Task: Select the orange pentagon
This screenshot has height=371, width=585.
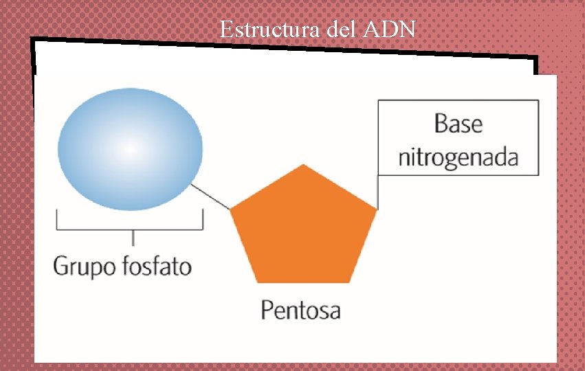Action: [x=303, y=230]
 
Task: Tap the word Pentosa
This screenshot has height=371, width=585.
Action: [x=300, y=310]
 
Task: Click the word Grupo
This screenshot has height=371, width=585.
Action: [x=80, y=265]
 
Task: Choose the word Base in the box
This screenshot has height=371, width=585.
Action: [x=458, y=124]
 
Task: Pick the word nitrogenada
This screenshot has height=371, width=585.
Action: [x=458, y=158]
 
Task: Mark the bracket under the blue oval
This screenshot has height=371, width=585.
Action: [x=130, y=229]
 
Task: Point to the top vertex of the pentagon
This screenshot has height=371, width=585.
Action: [x=303, y=165]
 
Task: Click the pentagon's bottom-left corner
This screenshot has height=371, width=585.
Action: [x=256, y=282]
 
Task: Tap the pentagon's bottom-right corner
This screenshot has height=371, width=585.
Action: [x=350, y=282]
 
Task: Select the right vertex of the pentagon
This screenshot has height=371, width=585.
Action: [x=377, y=209]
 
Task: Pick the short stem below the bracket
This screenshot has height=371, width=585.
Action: [x=132, y=238]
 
